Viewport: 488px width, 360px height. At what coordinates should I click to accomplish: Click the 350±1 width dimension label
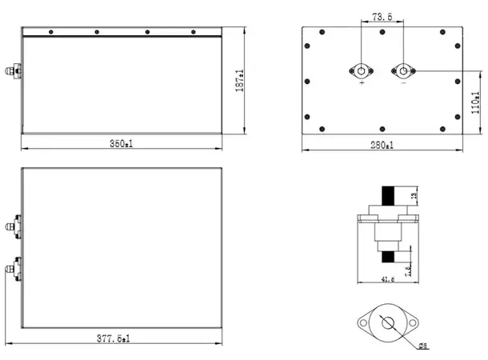[x=122, y=144]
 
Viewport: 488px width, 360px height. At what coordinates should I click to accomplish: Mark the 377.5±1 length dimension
[x=121, y=338]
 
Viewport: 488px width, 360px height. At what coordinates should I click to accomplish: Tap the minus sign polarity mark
[x=404, y=82]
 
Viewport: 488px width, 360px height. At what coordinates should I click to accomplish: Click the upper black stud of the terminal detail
[x=388, y=196]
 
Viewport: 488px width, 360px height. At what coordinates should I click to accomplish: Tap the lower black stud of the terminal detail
[x=388, y=257]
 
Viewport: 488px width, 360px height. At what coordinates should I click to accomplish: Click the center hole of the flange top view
[x=389, y=323]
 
